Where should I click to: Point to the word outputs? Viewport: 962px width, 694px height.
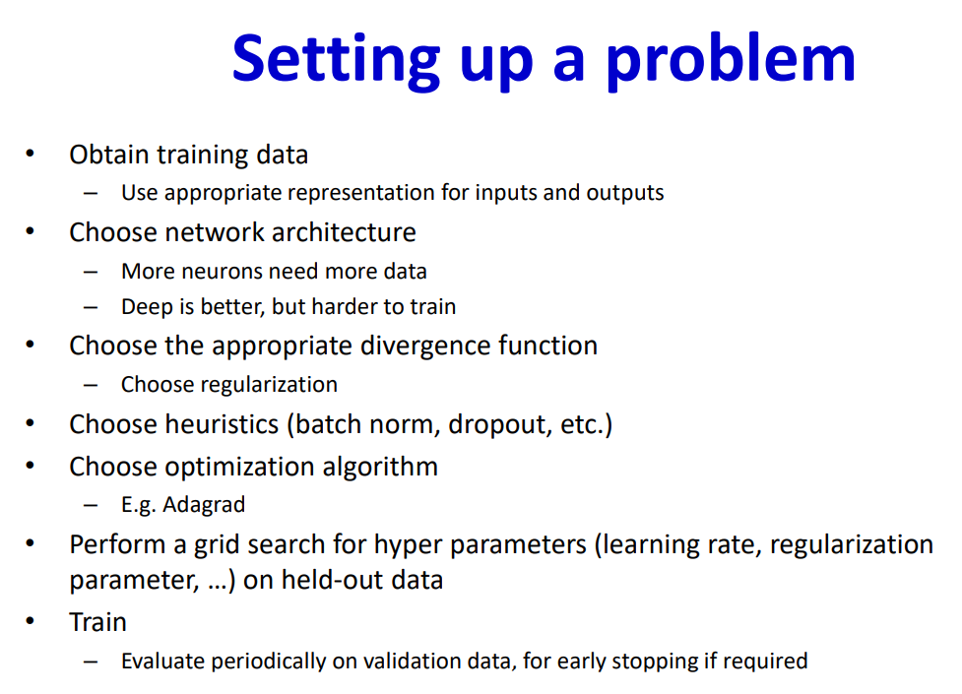[625, 193]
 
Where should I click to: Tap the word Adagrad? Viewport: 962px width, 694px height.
[204, 505]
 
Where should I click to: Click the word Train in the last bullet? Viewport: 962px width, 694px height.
[98, 623]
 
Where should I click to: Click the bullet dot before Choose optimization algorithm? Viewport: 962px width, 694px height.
[31, 465]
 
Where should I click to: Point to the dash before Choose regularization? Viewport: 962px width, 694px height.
[91, 386]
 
